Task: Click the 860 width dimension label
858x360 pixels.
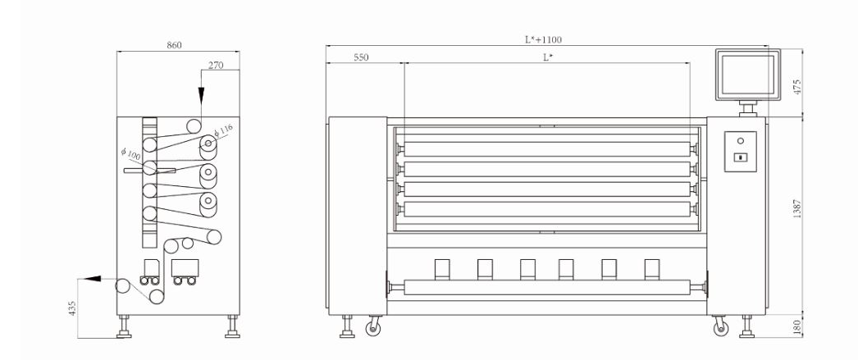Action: coord(174,45)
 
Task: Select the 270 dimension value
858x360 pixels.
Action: coord(216,65)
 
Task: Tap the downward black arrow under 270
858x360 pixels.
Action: coord(201,95)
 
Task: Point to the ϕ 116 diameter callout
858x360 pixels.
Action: coord(223,131)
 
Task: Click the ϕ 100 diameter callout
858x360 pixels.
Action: coord(130,154)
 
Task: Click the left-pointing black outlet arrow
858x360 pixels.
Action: coord(93,279)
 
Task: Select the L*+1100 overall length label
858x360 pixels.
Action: coord(543,39)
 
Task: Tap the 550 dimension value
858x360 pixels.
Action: coord(361,57)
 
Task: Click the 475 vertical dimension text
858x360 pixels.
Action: coord(797,87)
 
